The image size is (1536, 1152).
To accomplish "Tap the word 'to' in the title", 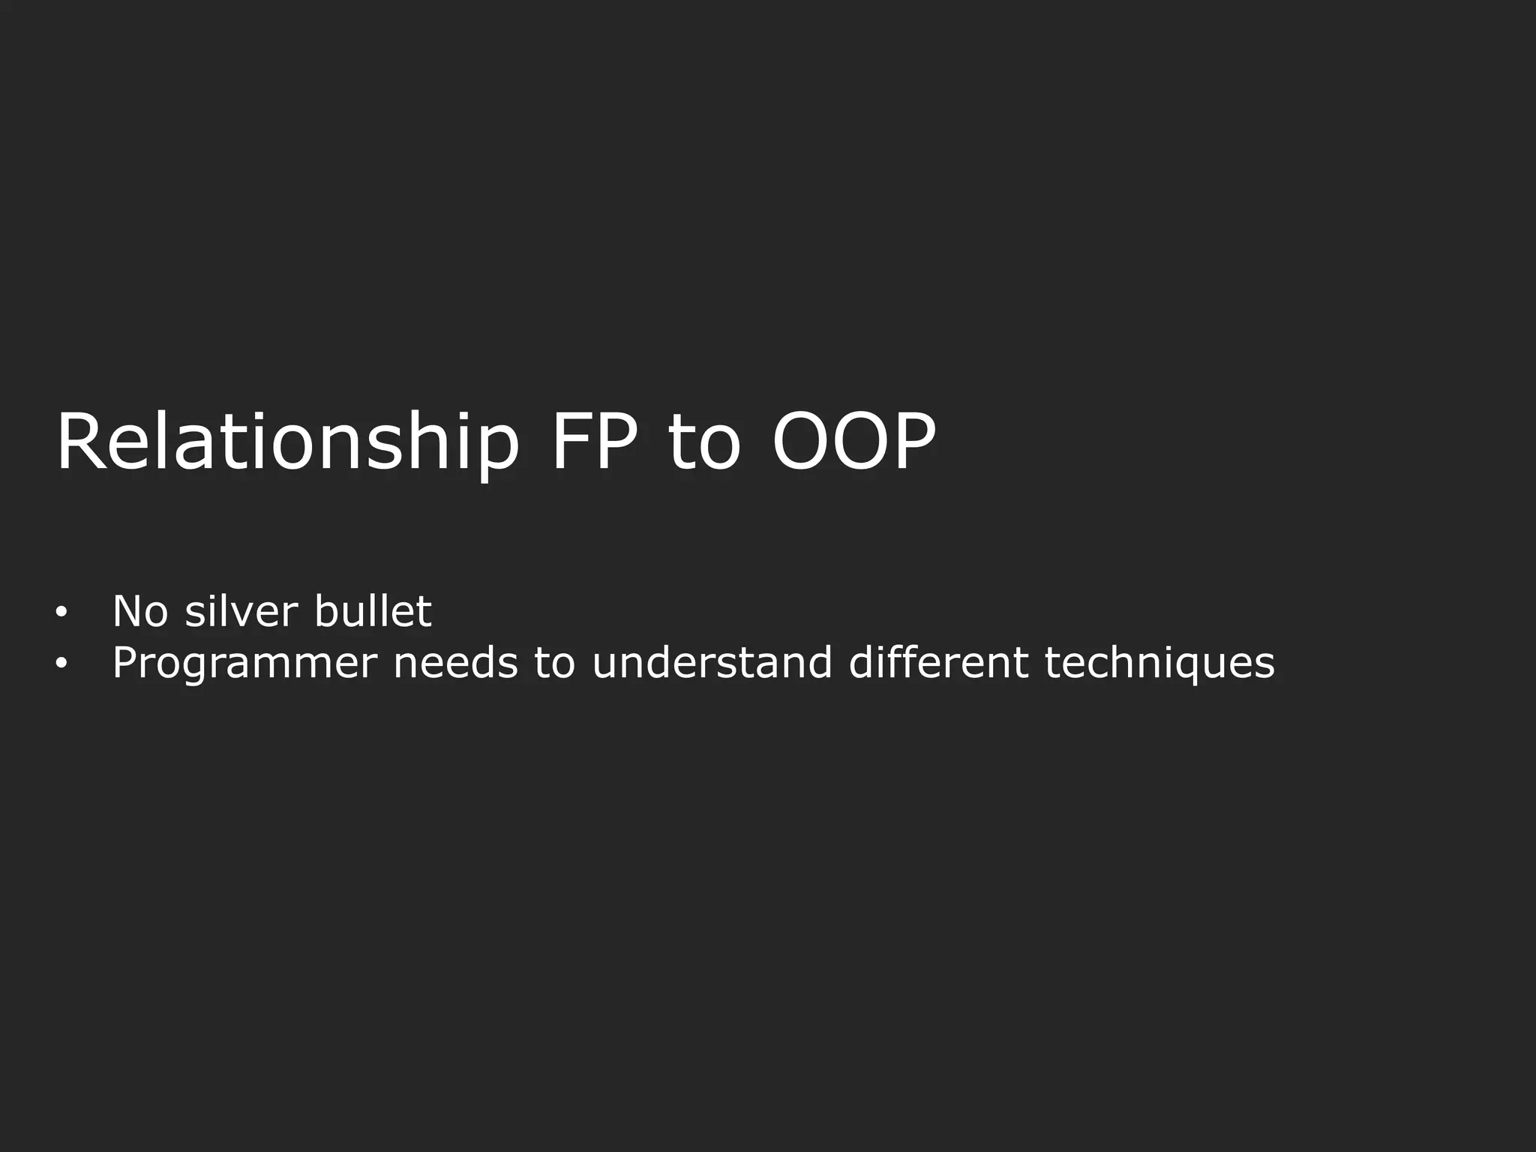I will tap(703, 444).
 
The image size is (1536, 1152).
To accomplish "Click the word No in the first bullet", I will tap(140, 611).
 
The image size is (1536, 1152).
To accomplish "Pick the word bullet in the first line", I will tap(373, 611).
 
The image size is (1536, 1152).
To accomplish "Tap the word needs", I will tap(455, 663).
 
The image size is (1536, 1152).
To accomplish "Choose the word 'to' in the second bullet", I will tap(554, 663).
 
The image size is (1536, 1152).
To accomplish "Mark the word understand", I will tap(712, 663).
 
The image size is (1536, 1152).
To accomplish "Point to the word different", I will tap(938, 663).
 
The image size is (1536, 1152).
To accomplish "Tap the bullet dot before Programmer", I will tap(61, 664).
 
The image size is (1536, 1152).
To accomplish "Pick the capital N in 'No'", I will tap(127, 611).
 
